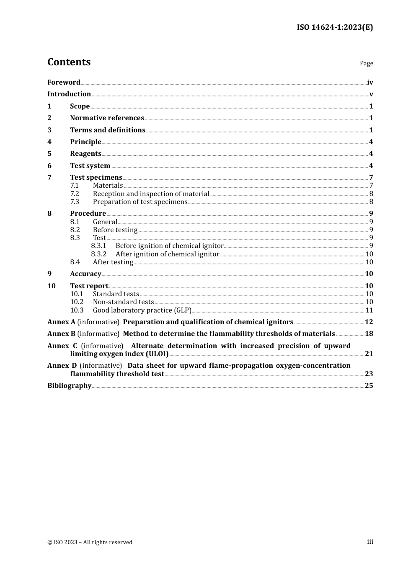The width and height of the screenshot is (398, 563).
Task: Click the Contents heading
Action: (69, 62)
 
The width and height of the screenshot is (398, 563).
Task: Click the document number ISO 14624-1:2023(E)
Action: (335, 27)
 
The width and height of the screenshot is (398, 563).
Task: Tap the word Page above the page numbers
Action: (366, 63)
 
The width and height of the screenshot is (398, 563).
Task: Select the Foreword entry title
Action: (64, 83)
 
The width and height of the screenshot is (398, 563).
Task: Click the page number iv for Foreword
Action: (370, 83)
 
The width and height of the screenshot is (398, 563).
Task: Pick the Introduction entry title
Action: (69, 94)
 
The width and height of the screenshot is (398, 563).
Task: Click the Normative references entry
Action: (107, 118)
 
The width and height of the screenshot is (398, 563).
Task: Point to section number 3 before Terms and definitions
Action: (49, 130)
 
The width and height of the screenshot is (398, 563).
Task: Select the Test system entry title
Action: (90, 166)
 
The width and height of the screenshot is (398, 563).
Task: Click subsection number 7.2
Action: (75, 194)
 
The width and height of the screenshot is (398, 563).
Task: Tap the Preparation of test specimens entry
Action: (140, 202)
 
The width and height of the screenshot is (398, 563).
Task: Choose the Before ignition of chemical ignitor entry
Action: (169, 246)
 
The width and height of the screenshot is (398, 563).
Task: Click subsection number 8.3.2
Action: (98, 254)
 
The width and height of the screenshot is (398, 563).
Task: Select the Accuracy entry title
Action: (85, 274)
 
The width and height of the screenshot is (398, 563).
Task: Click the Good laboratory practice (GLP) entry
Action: (142, 310)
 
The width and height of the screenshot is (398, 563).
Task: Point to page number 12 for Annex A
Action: (369, 322)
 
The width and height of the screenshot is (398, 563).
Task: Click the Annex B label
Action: (61, 334)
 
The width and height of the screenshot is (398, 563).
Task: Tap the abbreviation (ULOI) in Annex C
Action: (156, 354)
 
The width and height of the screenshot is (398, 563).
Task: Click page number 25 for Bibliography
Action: (369, 386)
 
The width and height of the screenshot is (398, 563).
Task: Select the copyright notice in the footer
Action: (90, 542)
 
